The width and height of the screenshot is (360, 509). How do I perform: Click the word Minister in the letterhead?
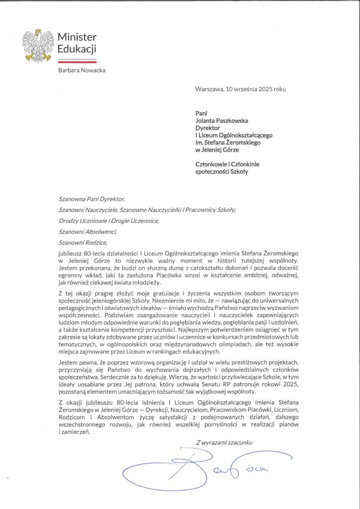click(x=77, y=37)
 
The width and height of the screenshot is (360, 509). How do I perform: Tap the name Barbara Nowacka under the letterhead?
click(x=82, y=70)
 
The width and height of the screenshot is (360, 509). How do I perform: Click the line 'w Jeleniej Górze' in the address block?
click(x=217, y=150)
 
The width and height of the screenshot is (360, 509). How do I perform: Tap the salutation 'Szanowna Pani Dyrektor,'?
click(x=91, y=200)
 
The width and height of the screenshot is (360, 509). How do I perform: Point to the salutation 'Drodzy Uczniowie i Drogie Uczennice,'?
click(x=108, y=221)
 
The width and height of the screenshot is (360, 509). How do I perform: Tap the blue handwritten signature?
click(x=199, y=467)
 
